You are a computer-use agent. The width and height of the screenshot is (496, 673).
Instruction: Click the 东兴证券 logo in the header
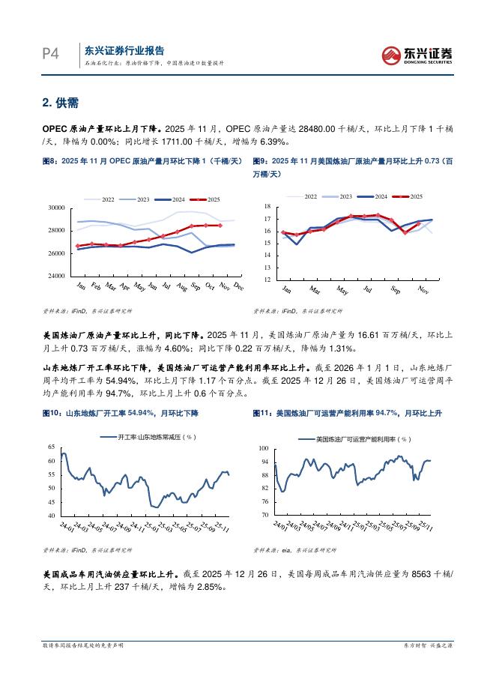point(418,55)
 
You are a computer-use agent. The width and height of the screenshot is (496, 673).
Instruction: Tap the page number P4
point(49,54)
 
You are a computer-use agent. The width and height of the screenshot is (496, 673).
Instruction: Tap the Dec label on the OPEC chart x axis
point(238,286)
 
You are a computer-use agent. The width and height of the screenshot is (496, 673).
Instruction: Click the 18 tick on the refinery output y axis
point(268,206)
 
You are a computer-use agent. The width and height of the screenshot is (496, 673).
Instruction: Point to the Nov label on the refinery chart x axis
point(423,289)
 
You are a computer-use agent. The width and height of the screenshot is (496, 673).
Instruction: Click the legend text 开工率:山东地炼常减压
point(157,435)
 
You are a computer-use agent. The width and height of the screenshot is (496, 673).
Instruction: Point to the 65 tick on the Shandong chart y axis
point(52,447)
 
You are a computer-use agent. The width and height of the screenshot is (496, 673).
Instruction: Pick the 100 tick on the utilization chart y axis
point(264,448)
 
